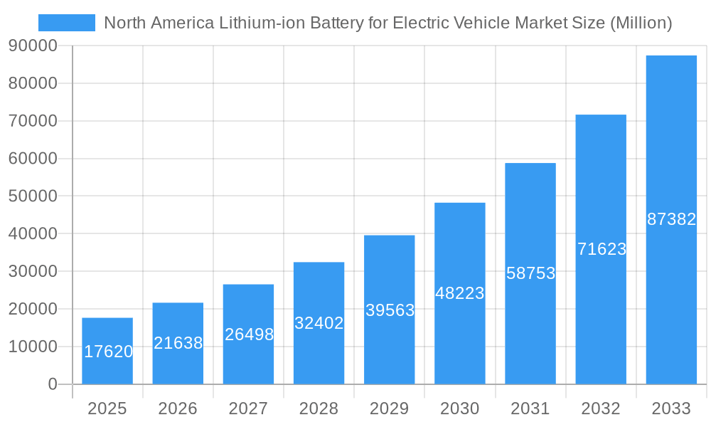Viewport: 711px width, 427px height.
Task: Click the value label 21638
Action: (x=178, y=343)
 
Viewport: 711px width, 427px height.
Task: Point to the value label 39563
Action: (x=390, y=310)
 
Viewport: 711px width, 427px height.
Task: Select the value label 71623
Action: (x=602, y=249)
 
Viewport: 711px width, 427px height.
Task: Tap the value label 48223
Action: (x=460, y=293)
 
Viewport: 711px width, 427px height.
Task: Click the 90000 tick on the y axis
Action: (x=32, y=46)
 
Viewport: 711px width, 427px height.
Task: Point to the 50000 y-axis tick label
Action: (x=32, y=196)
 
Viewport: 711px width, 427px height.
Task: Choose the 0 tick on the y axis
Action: (x=52, y=384)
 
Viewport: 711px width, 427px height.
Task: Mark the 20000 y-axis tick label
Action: (x=32, y=309)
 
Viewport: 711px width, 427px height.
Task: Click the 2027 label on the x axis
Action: (x=248, y=408)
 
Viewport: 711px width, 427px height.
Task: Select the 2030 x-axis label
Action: (x=460, y=408)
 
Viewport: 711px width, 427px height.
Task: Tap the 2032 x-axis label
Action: (x=601, y=408)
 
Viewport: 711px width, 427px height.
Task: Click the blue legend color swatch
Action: (x=66, y=23)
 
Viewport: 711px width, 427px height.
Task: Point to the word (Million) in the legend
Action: (x=641, y=23)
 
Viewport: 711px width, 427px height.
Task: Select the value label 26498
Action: (x=249, y=334)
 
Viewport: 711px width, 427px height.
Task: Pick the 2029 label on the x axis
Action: (x=390, y=408)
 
